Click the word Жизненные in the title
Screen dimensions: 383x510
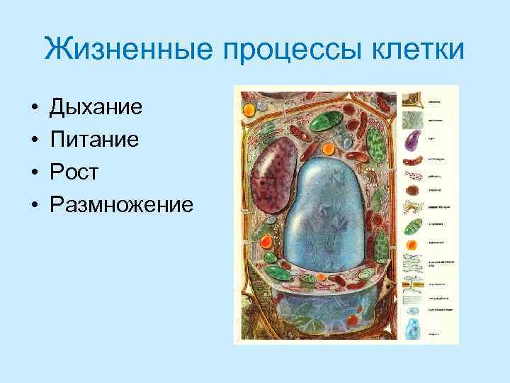(119, 51)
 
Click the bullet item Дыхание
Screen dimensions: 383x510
(96, 109)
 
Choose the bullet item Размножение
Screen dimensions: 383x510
(120, 205)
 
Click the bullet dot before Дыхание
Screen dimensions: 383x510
(33, 109)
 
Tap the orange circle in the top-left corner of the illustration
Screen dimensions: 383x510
(249, 110)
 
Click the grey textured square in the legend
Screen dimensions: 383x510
(412, 120)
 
